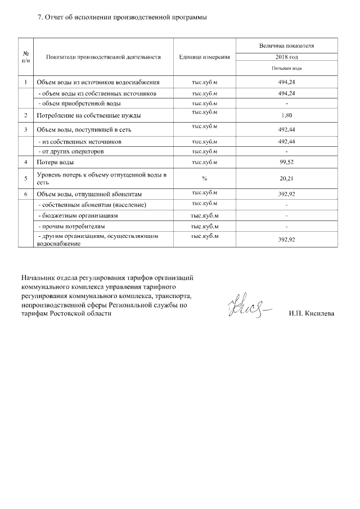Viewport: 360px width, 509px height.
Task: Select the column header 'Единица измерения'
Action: point(204,57)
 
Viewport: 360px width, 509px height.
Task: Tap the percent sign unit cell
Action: point(204,178)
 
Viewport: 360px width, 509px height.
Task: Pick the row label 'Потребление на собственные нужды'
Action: point(88,116)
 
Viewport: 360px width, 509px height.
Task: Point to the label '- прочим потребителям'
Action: point(71,226)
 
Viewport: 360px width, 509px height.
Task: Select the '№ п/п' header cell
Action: point(26,57)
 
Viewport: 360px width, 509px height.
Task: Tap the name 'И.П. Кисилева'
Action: point(311,313)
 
